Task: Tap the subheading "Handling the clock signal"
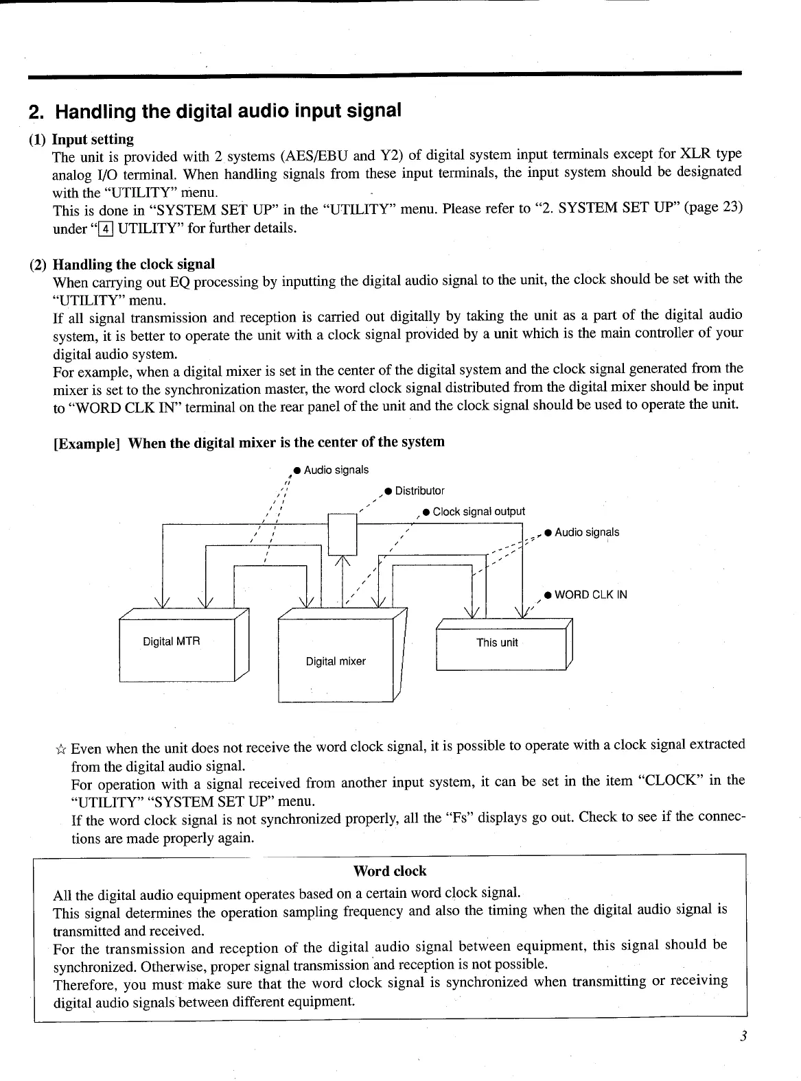click(134, 264)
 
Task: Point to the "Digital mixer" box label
click(336, 661)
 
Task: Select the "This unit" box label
click(497, 643)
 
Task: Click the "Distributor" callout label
click(419, 491)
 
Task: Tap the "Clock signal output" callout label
click(478, 512)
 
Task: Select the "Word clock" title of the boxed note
click(389, 871)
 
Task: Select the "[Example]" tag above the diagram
click(87, 442)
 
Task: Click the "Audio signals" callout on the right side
click(587, 532)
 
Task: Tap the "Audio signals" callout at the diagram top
click(336, 470)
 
